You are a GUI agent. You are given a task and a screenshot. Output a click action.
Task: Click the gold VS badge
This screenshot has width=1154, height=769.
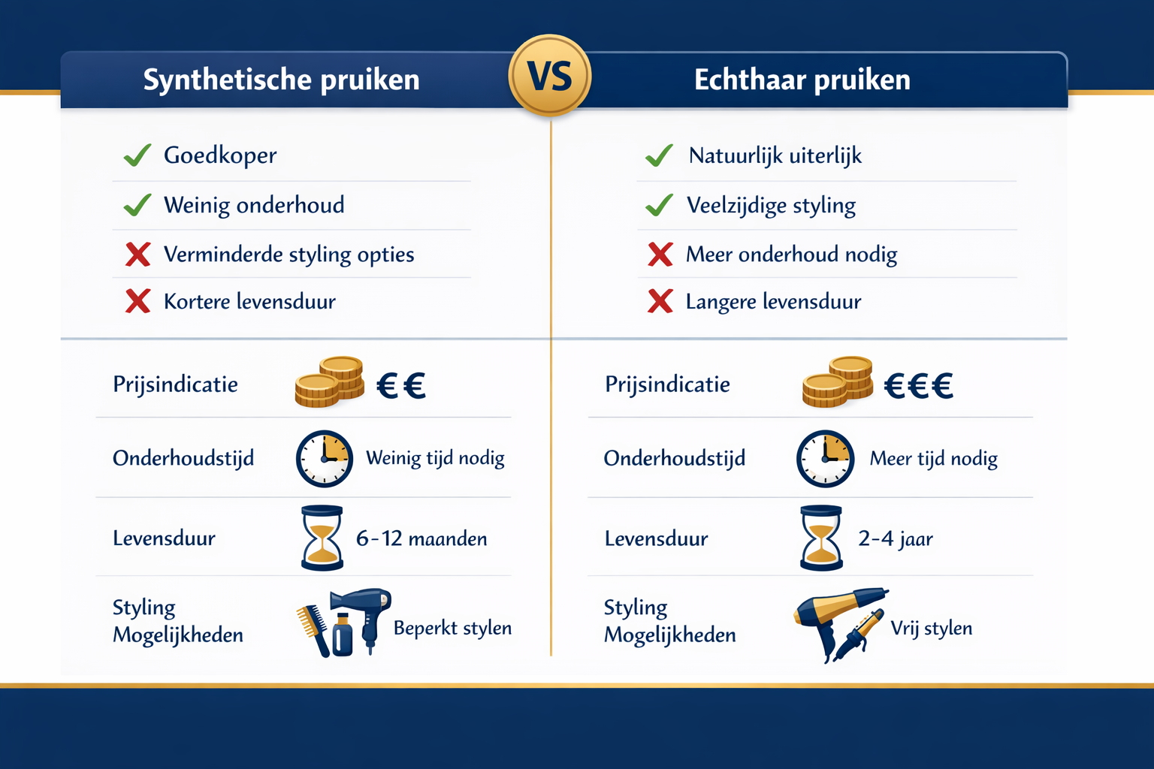tap(550, 76)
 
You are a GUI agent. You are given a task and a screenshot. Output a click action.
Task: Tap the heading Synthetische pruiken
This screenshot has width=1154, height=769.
tap(281, 80)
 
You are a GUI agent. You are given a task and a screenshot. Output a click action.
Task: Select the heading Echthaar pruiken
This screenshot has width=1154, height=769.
tap(802, 80)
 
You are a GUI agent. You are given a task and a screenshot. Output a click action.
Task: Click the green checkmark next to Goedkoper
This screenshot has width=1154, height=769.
tap(137, 155)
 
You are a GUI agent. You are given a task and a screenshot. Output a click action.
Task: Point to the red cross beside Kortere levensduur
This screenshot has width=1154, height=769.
tap(137, 301)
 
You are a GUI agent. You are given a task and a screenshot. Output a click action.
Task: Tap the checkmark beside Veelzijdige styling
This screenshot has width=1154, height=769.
tap(659, 205)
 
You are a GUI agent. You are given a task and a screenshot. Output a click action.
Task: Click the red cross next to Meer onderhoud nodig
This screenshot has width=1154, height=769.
tap(660, 255)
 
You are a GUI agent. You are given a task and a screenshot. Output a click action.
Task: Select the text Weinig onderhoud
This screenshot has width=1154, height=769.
tap(254, 205)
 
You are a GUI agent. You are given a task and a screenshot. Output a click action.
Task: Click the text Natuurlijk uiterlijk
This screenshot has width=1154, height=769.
tap(775, 155)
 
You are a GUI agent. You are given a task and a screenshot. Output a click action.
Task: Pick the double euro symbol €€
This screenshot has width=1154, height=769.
tap(401, 386)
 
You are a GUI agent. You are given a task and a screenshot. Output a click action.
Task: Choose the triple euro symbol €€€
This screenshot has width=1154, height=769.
tap(918, 386)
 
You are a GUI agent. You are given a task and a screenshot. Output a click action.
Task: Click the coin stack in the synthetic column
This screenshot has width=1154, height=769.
tap(329, 381)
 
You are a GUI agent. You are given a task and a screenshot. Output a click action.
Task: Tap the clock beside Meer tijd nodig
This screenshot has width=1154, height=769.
tap(825, 458)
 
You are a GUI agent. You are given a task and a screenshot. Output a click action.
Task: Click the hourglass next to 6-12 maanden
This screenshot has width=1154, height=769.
tap(322, 538)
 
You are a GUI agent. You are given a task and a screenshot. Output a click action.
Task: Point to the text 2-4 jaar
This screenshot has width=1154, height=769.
tap(896, 538)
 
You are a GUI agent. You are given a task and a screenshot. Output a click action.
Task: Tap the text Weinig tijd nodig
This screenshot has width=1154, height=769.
tap(435, 458)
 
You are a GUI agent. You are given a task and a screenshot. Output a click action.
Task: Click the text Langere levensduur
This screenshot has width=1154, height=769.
tap(773, 302)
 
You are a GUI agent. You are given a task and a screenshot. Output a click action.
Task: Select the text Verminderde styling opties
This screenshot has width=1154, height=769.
tap(288, 255)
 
